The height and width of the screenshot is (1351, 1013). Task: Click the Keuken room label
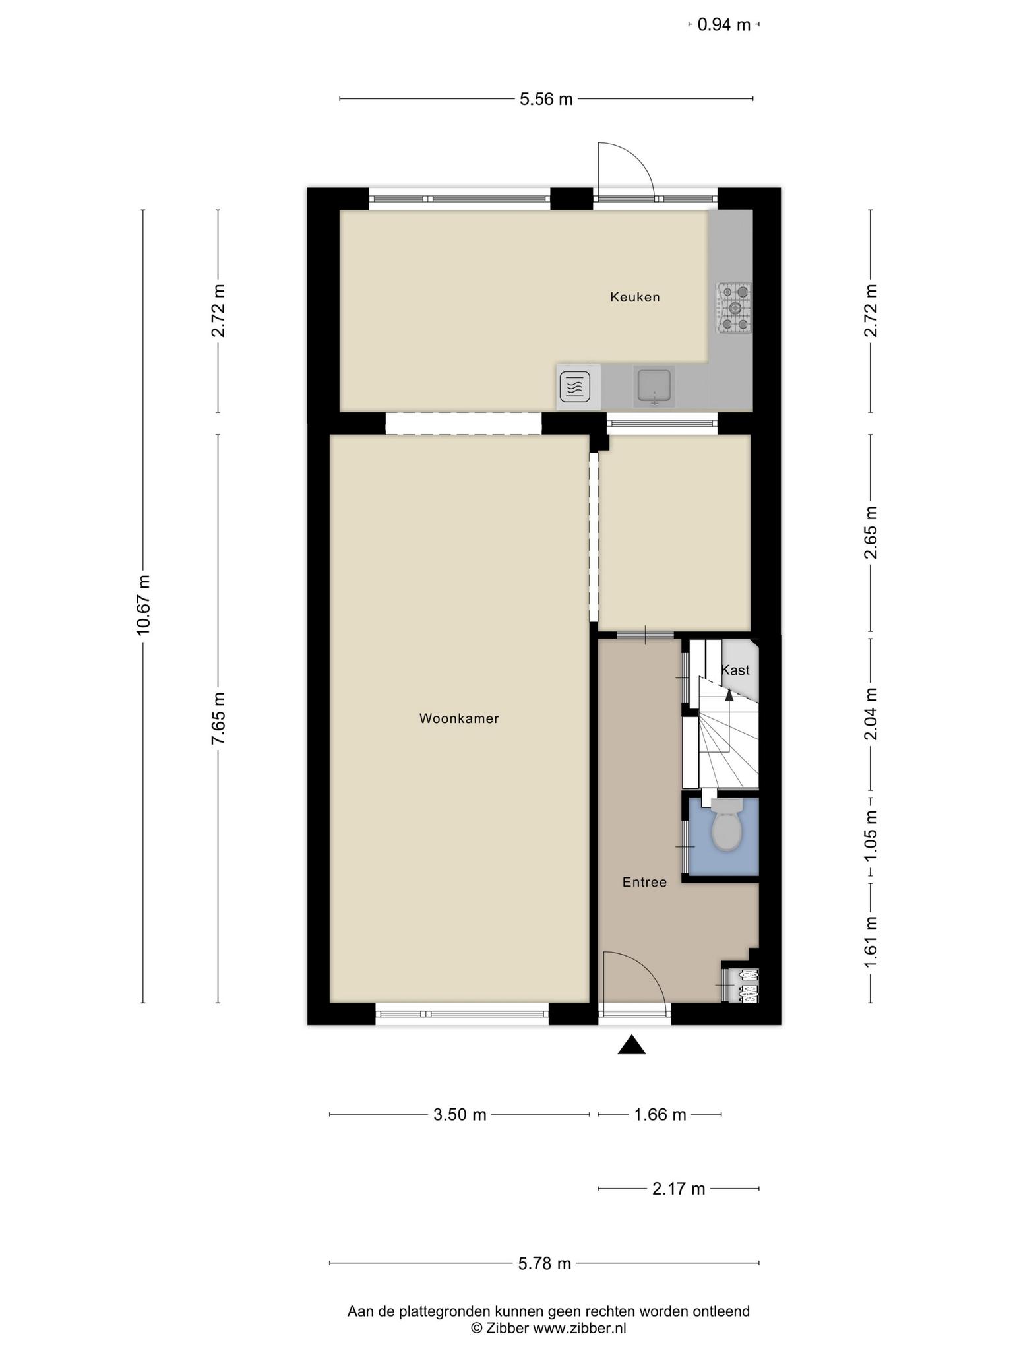point(634,297)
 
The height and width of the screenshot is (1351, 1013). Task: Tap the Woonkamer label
point(459,718)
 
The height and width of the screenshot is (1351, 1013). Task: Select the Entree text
point(644,882)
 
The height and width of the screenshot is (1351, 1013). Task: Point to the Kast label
point(735,670)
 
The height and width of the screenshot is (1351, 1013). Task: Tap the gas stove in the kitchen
point(734,308)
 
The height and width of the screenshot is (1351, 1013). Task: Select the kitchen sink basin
point(653,387)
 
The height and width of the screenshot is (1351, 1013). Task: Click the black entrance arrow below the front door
point(631,1044)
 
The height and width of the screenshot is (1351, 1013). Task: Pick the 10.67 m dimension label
point(143,605)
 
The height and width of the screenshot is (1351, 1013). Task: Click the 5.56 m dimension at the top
point(546,99)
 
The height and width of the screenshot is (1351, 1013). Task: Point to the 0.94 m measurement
point(724,25)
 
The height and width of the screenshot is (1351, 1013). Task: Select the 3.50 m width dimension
point(460,1114)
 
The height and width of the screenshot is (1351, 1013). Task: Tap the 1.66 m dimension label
point(660,1114)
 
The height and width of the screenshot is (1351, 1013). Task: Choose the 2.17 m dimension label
point(679,1189)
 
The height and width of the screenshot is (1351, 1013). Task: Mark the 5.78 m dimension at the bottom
point(544,1263)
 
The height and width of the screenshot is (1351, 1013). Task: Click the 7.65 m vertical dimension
point(218,718)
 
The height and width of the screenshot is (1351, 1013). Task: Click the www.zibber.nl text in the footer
point(579,1328)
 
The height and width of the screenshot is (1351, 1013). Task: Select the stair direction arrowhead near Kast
point(729,694)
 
